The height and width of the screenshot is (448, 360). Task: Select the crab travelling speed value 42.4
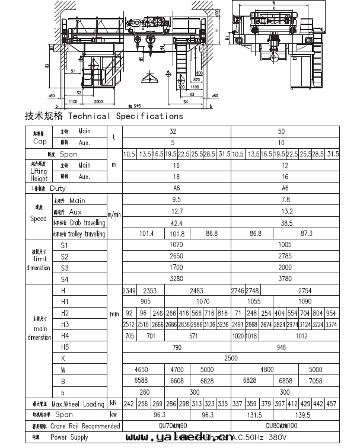click(x=176, y=223)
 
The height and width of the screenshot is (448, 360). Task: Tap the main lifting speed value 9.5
click(x=176, y=200)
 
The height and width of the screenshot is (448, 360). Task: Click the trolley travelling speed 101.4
click(x=146, y=234)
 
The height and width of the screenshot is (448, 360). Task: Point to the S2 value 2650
click(x=176, y=256)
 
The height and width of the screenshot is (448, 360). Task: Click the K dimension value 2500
click(x=231, y=358)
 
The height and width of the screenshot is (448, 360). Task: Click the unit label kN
click(x=113, y=404)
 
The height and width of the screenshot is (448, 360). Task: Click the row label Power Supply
click(x=69, y=437)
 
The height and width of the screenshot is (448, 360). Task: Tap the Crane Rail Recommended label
click(x=85, y=426)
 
